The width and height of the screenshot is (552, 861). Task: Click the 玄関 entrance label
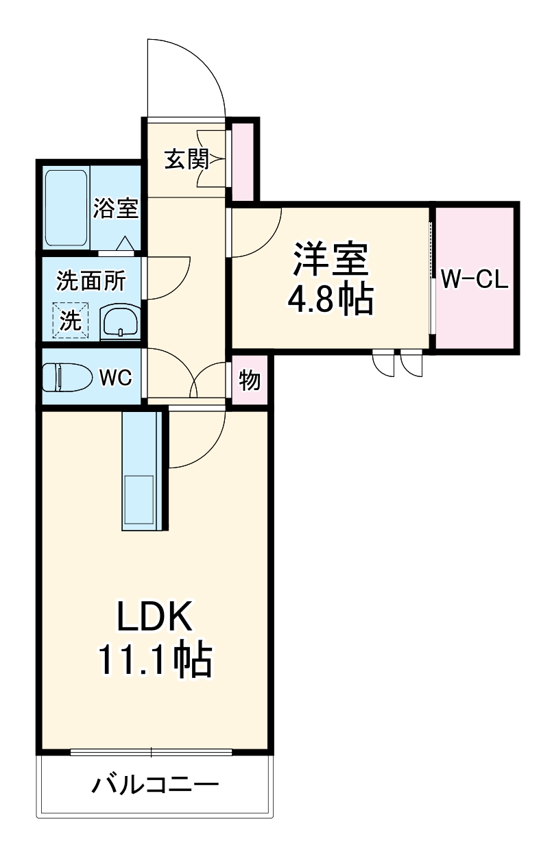[x=185, y=160]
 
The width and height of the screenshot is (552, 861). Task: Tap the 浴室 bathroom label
[x=116, y=208]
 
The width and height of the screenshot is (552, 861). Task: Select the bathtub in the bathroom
[x=66, y=208]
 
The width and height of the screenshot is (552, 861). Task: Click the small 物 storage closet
[x=250, y=380]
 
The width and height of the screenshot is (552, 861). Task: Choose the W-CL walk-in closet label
[x=474, y=279]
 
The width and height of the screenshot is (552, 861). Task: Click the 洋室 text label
[x=332, y=258]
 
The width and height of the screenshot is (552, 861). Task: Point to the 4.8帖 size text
[x=332, y=300]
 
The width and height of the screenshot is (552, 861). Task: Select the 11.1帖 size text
[x=154, y=660]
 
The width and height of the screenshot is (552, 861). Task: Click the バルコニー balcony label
[x=156, y=784]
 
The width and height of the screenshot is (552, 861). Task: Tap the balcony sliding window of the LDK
[x=152, y=752]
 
